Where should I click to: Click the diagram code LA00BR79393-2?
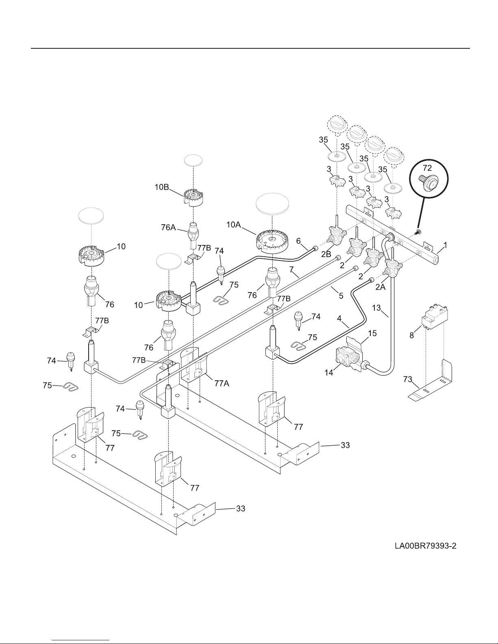click(x=425, y=546)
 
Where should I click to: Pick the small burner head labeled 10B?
click(x=193, y=197)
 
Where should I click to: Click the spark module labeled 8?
click(x=435, y=317)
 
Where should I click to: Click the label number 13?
click(x=376, y=308)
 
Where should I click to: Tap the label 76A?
click(x=168, y=227)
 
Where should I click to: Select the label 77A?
click(x=222, y=384)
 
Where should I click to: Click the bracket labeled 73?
click(x=431, y=382)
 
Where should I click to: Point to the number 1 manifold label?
click(x=445, y=245)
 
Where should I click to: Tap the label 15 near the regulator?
click(x=372, y=333)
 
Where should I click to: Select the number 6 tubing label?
click(x=298, y=241)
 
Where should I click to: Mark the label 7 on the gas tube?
click(x=291, y=269)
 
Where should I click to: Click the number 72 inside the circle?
click(x=427, y=168)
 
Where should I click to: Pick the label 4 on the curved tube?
click(x=339, y=319)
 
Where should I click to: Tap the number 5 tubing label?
click(x=341, y=295)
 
